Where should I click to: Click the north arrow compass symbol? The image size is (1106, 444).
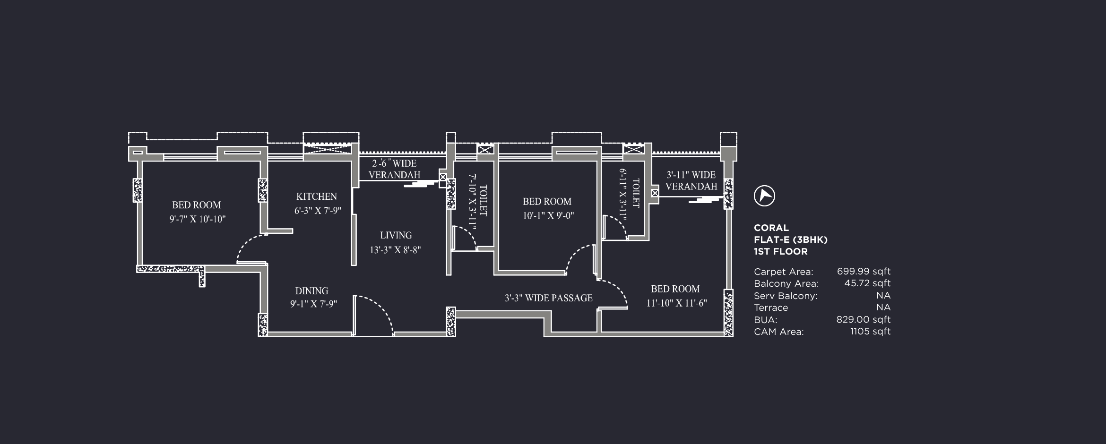click(764, 196)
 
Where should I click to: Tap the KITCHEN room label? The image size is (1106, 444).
click(316, 196)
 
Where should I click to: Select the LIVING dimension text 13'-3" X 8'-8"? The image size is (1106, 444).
click(395, 250)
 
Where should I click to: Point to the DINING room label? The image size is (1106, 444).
click(311, 291)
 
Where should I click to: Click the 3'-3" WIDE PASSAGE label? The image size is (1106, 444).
click(548, 298)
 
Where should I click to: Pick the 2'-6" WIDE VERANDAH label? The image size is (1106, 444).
click(394, 169)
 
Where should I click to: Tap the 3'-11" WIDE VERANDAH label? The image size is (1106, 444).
click(691, 180)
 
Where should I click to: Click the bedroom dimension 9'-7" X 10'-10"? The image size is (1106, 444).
click(198, 219)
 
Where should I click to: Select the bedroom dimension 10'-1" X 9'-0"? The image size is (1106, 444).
click(548, 216)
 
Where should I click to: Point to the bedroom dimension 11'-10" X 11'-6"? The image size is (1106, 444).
click(676, 303)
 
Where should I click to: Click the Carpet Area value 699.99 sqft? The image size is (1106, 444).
click(863, 272)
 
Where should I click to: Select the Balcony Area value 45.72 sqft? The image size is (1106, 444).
click(867, 283)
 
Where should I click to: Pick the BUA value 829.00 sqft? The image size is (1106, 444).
click(863, 319)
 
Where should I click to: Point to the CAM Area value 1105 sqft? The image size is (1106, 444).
click(870, 332)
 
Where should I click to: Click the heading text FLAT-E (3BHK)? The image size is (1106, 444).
click(790, 239)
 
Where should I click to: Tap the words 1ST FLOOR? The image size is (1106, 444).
click(780, 251)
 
